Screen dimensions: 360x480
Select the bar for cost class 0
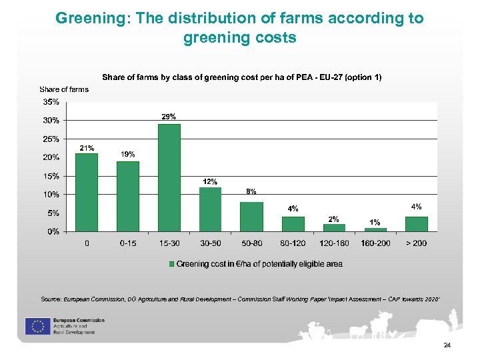click(x=87, y=193)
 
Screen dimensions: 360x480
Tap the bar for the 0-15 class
click(x=128, y=197)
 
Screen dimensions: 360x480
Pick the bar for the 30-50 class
click(x=210, y=209)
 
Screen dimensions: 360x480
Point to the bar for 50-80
click(x=251, y=217)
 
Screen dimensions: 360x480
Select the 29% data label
click(x=169, y=117)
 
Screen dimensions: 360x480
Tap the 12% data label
click(x=210, y=181)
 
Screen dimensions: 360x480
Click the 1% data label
click(x=375, y=222)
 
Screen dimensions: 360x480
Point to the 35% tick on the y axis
click(x=51, y=102)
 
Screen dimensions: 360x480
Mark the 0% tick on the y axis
click(x=52, y=231)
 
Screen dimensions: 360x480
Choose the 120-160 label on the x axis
click(x=334, y=243)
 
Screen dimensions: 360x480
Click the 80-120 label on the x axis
click(x=293, y=243)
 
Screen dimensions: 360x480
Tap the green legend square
click(x=171, y=264)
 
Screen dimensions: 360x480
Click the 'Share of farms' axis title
click(x=64, y=89)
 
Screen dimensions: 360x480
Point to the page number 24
click(x=447, y=345)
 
